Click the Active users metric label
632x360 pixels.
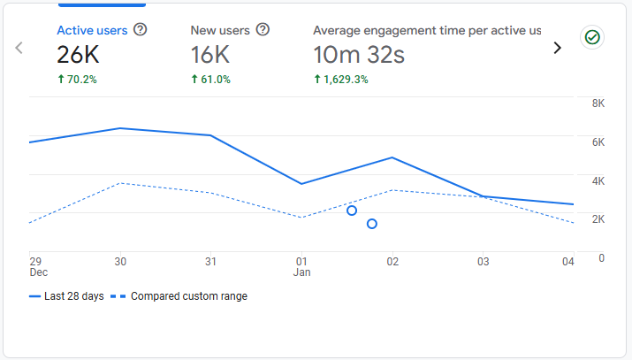[x=92, y=30]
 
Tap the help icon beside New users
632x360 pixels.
[x=263, y=30]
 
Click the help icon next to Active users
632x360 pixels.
[x=140, y=30]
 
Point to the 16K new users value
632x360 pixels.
[x=210, y=56]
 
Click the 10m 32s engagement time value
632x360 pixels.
[x=359, y=56]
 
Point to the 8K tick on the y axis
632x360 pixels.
[x=598, y=103]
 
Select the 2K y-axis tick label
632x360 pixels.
[x=598, y=219]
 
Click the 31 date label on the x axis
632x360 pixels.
[x=210, y=262]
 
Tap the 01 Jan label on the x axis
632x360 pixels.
[x=301, y=266]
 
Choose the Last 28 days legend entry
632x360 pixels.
[x=66, y=296]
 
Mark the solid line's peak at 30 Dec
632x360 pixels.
[x=120, y=128]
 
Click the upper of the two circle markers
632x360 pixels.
[x=352, y=211]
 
